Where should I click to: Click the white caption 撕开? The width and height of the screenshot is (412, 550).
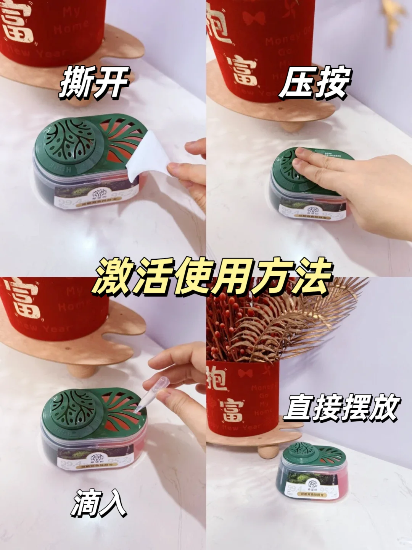click(x=94, y=82)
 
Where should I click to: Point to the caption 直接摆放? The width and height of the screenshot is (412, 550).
click(x=341, y=408)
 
